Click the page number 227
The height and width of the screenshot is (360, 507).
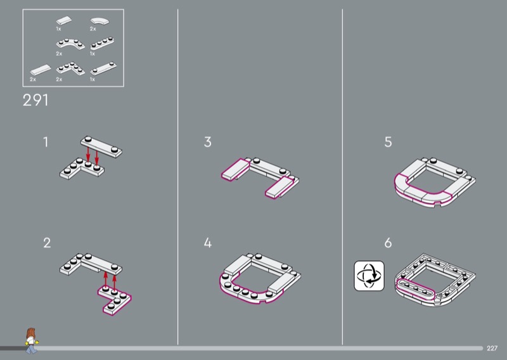point(493,348)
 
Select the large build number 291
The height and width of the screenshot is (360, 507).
point(35,100)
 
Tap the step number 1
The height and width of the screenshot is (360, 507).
point(46,142)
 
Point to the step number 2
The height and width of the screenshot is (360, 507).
point(46,243)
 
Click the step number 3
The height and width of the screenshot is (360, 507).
point(208,142)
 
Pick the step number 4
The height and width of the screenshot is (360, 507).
point(208,243)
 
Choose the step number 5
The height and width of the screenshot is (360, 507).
point(388,142)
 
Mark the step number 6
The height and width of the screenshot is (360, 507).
point(388,243)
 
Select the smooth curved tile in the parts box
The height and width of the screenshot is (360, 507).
point(99,21)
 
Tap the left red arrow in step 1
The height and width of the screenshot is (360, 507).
point(88,154)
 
